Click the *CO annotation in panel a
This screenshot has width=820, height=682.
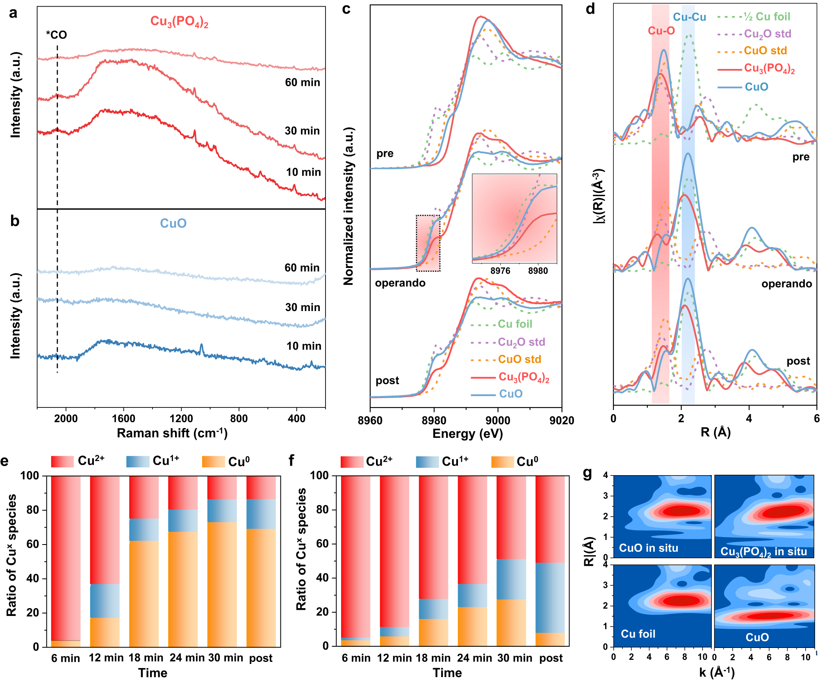[57, 35]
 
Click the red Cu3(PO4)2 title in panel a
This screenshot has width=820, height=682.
[179, 21]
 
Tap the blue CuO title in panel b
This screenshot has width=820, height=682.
[173, 223]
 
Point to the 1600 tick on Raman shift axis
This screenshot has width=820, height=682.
[123, 419]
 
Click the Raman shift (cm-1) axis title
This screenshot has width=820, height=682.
[172, 433]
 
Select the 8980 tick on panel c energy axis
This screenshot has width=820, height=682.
[434, 420]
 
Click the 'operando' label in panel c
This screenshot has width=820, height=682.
[400, 283]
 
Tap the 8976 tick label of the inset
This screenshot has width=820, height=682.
[500, 271]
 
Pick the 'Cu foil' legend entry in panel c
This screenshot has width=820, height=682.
[515, 324]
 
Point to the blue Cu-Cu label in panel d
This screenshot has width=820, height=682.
[690, 17]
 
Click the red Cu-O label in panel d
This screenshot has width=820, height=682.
[661, 31]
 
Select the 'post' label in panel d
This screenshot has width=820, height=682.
[798, 361]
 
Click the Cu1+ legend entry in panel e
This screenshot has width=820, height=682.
[166, 461]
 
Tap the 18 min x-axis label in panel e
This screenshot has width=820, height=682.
[146, 658]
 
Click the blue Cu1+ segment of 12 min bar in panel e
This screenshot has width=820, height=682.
[105, 601]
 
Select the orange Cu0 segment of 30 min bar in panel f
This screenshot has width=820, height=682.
[511, 622]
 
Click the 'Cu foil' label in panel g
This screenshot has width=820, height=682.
[638, 634]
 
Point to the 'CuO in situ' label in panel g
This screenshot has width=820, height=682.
[648, 548]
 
